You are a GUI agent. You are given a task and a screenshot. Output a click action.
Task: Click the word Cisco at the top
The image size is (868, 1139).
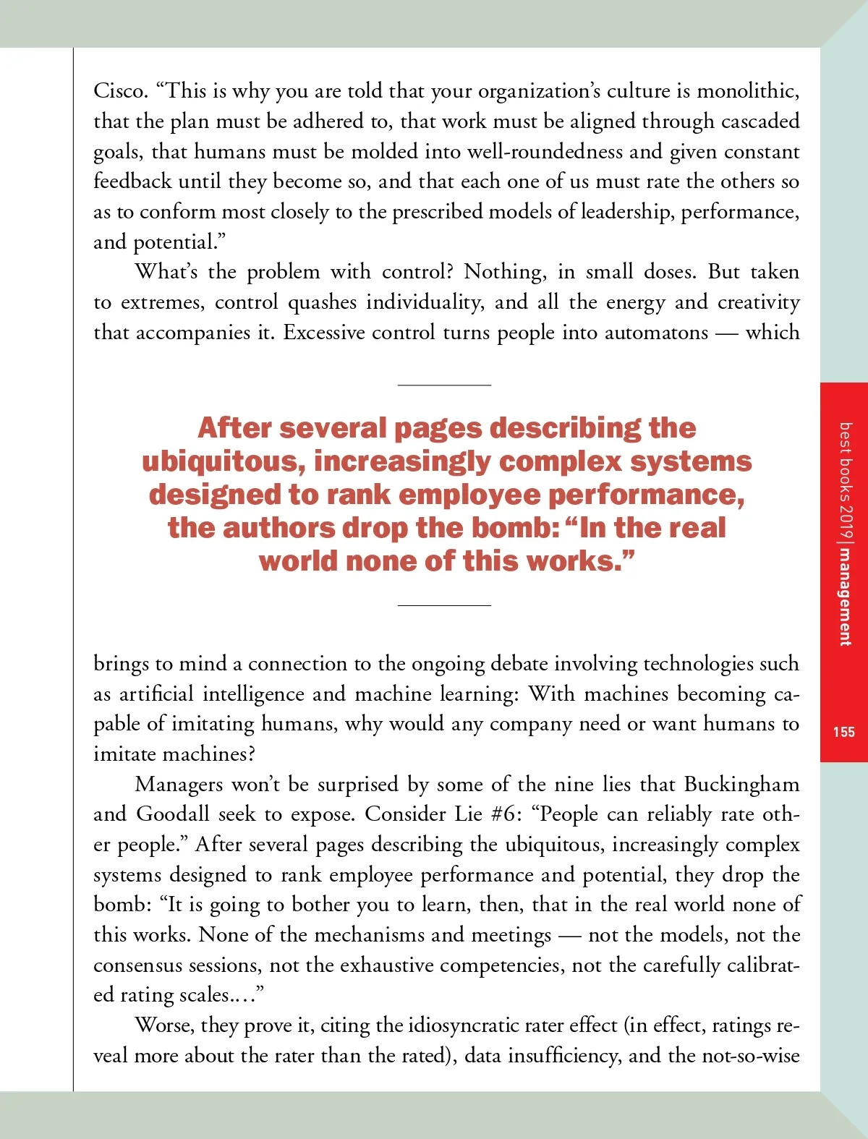[x=120, y=91]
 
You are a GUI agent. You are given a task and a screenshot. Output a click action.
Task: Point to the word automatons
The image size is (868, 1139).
[x=656, y=333]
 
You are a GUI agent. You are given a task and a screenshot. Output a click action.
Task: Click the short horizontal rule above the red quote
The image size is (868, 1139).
[x=444, y=385]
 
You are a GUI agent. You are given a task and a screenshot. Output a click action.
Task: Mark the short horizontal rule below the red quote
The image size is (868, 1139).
[x=444, y=605]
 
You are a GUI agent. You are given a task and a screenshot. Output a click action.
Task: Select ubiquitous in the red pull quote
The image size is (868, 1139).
[x=221, y=461]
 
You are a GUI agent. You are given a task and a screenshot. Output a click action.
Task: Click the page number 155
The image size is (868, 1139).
[x=843, y=732]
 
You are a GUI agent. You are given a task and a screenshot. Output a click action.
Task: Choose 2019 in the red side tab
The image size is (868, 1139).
[x=845, y=518]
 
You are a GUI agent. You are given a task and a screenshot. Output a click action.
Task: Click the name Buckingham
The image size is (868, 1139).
[x=741, y=785]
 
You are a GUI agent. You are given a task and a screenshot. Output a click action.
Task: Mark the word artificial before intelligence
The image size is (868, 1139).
[x=156, y=694]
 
